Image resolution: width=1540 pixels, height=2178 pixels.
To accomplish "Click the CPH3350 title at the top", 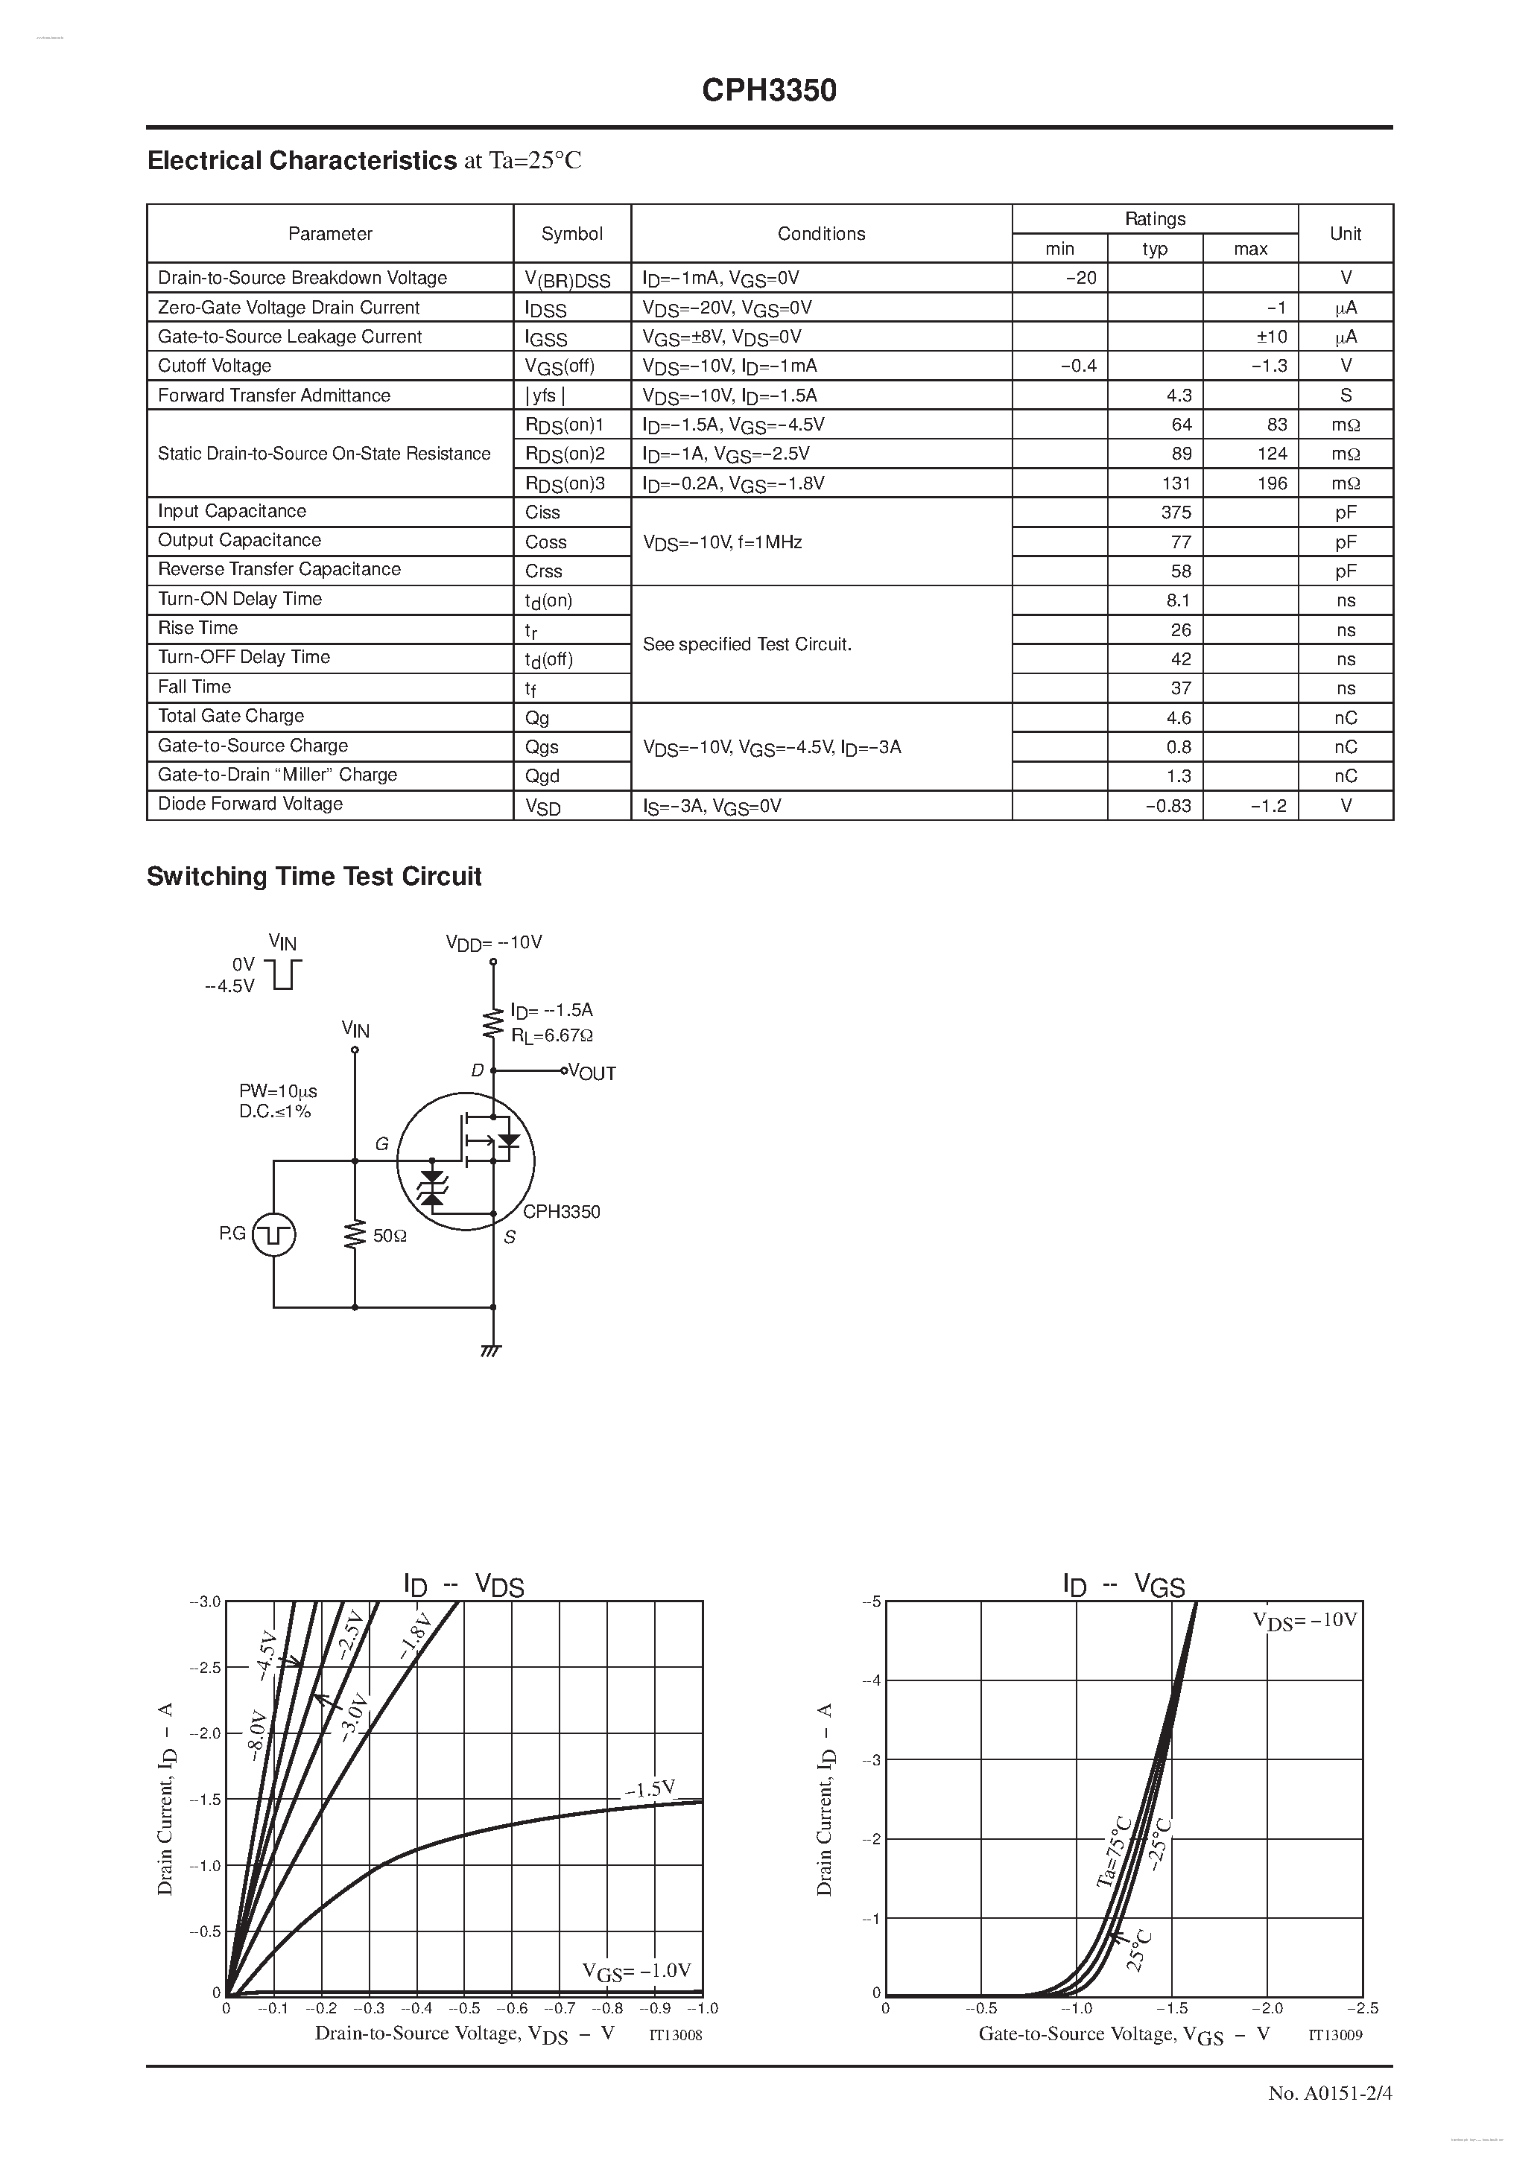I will pyautogui.click(x=769, y=90).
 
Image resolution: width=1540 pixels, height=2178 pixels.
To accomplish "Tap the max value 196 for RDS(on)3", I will pyautogui.click(x=1272, y=483).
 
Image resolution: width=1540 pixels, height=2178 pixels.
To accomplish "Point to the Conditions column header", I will pyautogui.click(x=821, y=233).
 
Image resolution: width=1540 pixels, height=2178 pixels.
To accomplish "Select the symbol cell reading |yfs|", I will pyautogui.click(x=545, y=396).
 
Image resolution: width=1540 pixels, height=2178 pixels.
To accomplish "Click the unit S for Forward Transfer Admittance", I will pyautogui.click(x=1346, y=396).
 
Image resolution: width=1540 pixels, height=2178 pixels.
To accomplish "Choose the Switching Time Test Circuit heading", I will pyautogui.click(x=314, y=877).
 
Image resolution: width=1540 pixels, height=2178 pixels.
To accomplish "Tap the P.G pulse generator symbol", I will pyautogui.click(x=274, y=1234).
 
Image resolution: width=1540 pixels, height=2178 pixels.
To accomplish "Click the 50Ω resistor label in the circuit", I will pyautogui.click(x=389, y=1236).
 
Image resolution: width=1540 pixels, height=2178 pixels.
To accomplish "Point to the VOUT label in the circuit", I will pyautogui.click(x=592, y=1073).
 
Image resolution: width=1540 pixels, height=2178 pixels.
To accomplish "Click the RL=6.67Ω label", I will pyautogui.click(x=552, y=1036).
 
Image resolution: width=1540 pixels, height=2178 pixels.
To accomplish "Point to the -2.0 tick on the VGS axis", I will pyautogui.click(x=1266, y=2008).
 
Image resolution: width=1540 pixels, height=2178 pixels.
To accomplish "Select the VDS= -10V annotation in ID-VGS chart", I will pyautogui.click(x=1305, y=1620).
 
